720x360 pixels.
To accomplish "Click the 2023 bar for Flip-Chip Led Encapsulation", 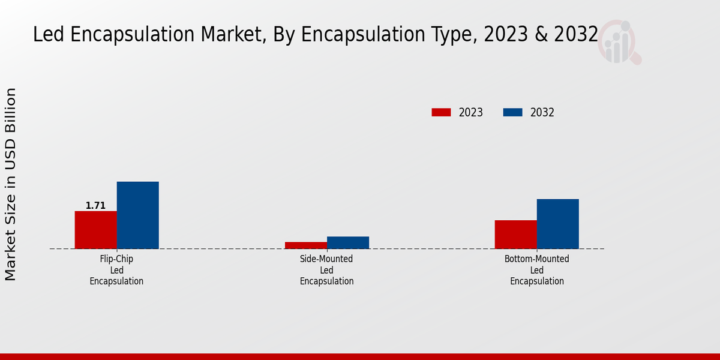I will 96,230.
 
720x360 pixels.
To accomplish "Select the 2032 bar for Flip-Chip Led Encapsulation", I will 138,215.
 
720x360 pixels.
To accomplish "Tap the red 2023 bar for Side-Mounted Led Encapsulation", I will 306,245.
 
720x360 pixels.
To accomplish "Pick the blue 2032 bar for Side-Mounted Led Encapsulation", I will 348,242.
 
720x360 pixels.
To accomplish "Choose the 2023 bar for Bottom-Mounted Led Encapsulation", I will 516,235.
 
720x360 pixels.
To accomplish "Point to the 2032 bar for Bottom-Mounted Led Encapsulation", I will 558,224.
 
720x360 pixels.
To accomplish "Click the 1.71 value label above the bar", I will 95,206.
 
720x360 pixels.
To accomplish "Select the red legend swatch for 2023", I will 441,112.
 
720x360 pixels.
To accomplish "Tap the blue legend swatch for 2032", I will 512,112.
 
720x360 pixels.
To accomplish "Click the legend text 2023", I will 471,112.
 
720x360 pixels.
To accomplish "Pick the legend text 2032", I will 542,112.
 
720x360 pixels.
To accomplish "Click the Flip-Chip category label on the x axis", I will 116,270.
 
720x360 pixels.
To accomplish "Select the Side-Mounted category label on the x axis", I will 326,270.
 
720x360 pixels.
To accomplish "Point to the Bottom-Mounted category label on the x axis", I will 537,270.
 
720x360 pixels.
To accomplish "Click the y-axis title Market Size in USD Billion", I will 11,184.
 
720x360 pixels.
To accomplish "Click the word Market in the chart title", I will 229,35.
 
